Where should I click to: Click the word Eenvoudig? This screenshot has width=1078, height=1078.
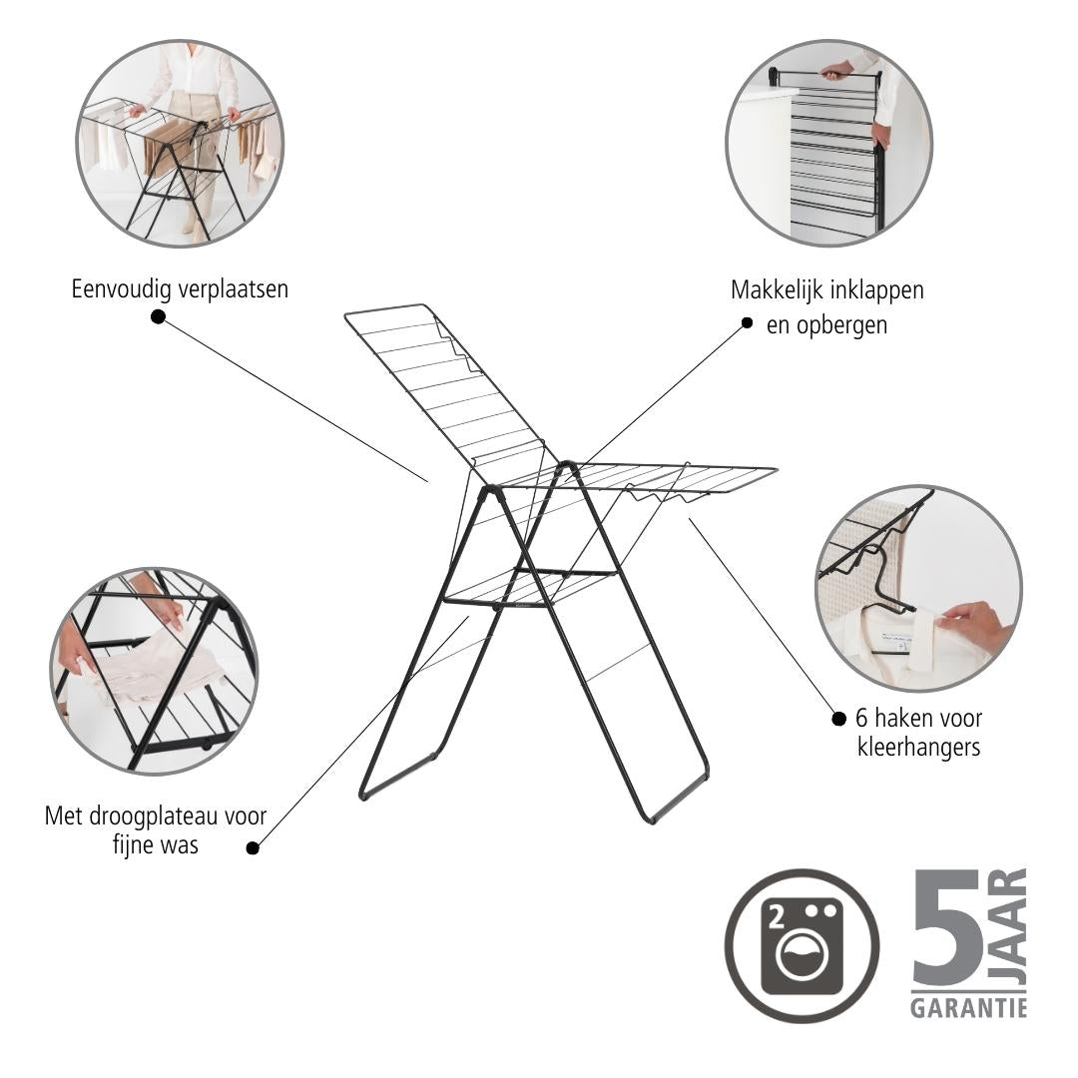pyautogui.click(x=121, y=289)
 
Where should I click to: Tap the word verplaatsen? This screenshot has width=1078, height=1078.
pyautogui.click(x=233, y=288)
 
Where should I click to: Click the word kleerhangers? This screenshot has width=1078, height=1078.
pyautogui.click(x=918, y=747)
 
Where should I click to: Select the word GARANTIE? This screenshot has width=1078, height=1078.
pyautogui.click(x=968, y=1008)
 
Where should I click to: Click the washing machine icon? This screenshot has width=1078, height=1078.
pyautogui.click(x=802, y=946)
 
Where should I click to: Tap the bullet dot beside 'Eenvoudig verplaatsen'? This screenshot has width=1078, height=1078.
pyautogui.click(x=158, y=316)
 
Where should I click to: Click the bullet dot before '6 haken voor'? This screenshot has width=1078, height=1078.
pyautogui.click(x=838, y=719)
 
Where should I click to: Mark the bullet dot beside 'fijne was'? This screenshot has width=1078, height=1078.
pyautogui.click(x=253, y=847)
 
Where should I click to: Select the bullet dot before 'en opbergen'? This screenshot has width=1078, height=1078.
pyautogui.click(x=747, y=323)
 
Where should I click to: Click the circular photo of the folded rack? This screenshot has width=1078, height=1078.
pyautogui.click(x=829, y=143)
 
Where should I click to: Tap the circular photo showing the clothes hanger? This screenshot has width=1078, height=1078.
pyautogui.click(x=919, y=589)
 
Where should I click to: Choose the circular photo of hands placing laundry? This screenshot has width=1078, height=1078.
pyautogui.click(x=154, y=671)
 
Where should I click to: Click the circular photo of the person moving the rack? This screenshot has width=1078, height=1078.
pyautogui.click(x=180, y=143)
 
